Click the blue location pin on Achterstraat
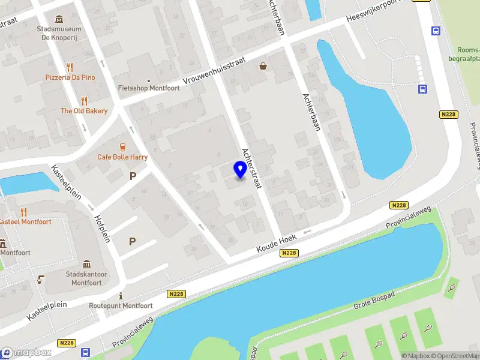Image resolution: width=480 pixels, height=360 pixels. (x=241, y=170)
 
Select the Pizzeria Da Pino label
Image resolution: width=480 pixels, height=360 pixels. (x=70, y=77)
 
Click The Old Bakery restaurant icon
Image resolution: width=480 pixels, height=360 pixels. (x=84, y=101)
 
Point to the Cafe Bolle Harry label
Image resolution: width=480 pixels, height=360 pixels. (x=122, y=157)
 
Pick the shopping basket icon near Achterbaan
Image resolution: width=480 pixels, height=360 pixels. (x=263, y=67)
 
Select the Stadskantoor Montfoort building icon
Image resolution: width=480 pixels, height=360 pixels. (x=86, y=265)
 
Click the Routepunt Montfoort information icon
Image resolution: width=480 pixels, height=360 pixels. (x=121, y=296)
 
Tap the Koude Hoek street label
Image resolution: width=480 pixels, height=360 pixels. (x=277, y=243)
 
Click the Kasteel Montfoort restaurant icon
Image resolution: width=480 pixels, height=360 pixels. (x=24, y=212)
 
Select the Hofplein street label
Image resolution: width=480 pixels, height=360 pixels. (x=101, y=229)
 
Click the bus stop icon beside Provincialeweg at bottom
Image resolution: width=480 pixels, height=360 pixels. (x=85, y=353)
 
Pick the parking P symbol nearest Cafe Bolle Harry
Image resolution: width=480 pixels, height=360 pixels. (x=133, y=176)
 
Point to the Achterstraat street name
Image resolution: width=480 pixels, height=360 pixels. (x=251, y=168)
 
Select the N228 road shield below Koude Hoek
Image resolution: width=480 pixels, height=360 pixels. (x=289, y=253)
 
